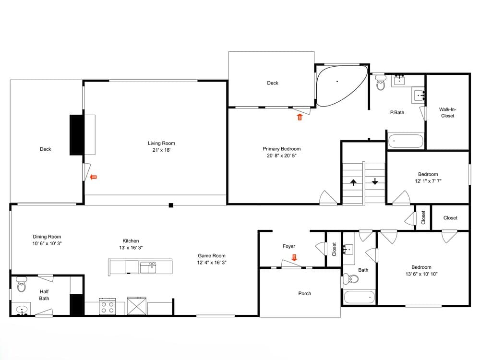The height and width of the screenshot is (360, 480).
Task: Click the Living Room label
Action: click(x=161, y=143)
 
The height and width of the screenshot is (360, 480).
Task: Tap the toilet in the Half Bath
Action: click(x=21, y=284)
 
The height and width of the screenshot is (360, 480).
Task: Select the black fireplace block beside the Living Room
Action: click(x=76, y=135)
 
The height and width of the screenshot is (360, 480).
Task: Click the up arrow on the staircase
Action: click(x=353, y=182)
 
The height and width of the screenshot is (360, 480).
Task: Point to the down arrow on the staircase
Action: click(x=375, y=181)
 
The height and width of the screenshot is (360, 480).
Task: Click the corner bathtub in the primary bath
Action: click(x=341, y=86)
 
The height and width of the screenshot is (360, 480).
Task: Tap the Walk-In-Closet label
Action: click(x=447, y=112)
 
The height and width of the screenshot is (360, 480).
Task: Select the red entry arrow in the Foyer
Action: click(x=295, y=257)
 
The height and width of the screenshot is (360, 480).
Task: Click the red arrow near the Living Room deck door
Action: click(x=94, y=177)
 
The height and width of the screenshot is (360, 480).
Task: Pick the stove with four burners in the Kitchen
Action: click(x=108, y=306)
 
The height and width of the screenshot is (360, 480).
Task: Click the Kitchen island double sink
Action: click(x=148, y=267)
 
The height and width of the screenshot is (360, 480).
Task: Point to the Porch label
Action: click(x=305, y=293)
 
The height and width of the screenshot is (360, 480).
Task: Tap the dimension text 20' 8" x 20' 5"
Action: click(x=282, y=156)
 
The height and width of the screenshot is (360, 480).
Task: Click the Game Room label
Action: click(x=212, y=256)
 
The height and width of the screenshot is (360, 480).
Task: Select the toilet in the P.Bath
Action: click(x=381, y=82)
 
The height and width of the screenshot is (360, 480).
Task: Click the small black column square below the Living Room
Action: click(x=171, y=205)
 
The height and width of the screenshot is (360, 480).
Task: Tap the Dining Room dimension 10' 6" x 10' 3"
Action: click(x=47, y=243)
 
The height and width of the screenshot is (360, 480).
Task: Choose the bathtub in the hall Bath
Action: click(x=360, y=297)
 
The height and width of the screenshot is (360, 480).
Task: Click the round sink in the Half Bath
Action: click(x=22, y=310)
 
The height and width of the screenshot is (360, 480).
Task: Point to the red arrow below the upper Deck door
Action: click(x=300, y=117)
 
